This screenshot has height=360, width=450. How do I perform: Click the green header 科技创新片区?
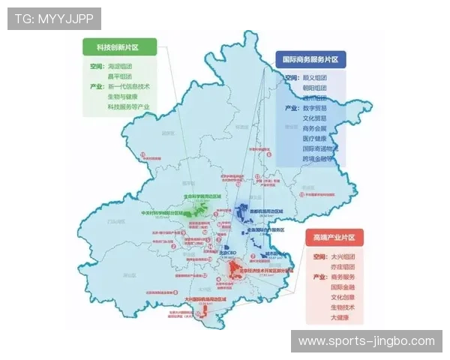click(118, 47)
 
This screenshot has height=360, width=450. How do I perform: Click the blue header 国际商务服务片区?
click(309, 59)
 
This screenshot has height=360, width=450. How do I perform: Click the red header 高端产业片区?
click(335, 238)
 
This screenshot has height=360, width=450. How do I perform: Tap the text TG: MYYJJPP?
click(55, 18)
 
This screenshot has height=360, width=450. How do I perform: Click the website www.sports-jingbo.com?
click(366, 341)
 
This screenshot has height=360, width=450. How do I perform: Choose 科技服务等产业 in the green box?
click(128, 106)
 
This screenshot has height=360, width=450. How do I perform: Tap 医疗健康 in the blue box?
click(314, 139)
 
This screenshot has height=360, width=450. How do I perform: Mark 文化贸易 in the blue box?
click(314, 118)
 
